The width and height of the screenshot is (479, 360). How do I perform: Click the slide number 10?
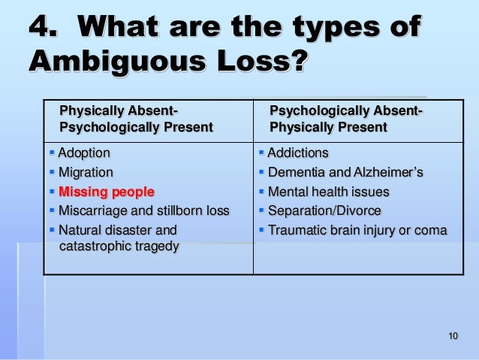click(x=451, y=334)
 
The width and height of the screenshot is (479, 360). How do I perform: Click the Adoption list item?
click(x=84, y=153)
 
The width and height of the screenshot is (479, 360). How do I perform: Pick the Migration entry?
click(x=86, y=172)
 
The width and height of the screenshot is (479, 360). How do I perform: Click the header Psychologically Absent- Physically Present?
click(x=346, y=119)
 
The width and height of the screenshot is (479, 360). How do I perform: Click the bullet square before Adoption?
click(x=53, y=153)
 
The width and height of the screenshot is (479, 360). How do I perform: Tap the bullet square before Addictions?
click(x=261, y=153)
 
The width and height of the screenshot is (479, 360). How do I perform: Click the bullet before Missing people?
click(x=53, y=191)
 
